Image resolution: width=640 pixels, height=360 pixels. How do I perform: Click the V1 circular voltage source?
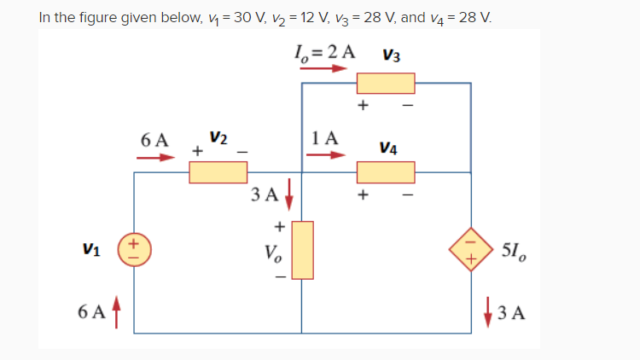(x=133, y=247)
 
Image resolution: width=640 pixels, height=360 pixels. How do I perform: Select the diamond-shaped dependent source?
(x=472, y=247)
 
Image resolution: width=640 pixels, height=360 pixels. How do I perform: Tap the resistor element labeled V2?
(x=218, y=172)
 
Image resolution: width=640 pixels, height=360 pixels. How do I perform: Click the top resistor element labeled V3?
(x=386, y=83)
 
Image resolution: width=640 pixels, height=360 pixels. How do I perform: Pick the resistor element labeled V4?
(x=386, y=172)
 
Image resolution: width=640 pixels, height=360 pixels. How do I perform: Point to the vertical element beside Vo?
(x=303, y=250)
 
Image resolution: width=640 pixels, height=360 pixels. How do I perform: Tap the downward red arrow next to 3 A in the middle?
(x=288, y=194)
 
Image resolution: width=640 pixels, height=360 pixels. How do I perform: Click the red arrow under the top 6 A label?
(x=159, y=157)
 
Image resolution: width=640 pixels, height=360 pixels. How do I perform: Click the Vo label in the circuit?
(x=275, y=253)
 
